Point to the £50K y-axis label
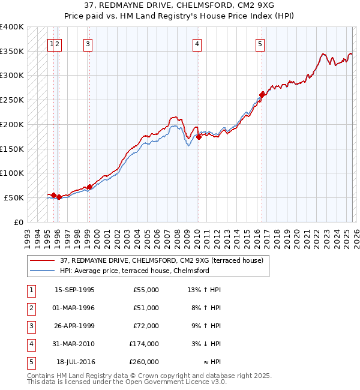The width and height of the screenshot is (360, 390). (14, 197)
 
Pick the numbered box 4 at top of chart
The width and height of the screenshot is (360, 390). (197, 43)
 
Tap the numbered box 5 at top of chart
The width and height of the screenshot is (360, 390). (260, 43)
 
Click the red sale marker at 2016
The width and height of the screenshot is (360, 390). (262, 94)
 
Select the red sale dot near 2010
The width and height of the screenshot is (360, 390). (199, 136)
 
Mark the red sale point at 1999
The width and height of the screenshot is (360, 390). (89, 187)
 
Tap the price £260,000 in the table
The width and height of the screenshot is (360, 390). (144, 362)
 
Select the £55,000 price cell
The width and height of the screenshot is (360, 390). (146, 290)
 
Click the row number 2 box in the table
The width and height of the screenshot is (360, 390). (31, 308)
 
